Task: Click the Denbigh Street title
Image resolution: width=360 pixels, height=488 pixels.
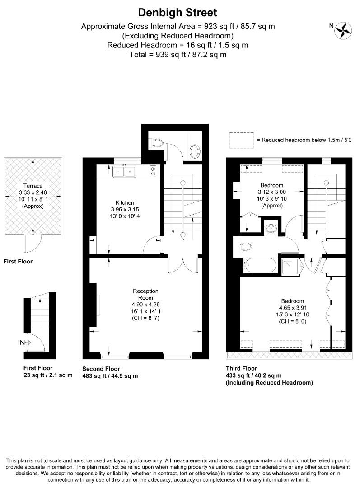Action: click(178, 13)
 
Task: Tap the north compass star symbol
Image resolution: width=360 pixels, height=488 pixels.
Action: click(343, 31)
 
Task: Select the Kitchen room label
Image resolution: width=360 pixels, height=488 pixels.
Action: click(125, 202)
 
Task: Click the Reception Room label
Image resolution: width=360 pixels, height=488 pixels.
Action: click(145, 295)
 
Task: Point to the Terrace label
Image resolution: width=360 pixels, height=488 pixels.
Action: click(33, 186)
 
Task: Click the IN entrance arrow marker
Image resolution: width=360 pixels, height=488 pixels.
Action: click(24, 343)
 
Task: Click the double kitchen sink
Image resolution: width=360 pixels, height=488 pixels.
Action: click(125, 171)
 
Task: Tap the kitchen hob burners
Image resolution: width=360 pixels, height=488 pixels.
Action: click(153, 171)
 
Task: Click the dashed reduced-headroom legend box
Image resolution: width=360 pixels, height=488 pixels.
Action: click(242, 141)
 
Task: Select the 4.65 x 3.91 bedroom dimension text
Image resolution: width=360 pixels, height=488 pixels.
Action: click(293, 308)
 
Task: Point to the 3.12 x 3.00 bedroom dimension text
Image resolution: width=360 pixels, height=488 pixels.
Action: click(272, 192)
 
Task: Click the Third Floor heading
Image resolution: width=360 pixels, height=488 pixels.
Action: click(242, 369)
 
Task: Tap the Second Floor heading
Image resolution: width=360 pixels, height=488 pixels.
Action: click(101, 369)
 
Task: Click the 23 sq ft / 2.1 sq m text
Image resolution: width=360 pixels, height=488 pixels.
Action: click(48, 375)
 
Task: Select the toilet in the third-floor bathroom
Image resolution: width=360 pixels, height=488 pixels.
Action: click(246, 247)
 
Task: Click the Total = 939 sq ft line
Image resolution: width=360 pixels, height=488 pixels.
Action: click(178, 55)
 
